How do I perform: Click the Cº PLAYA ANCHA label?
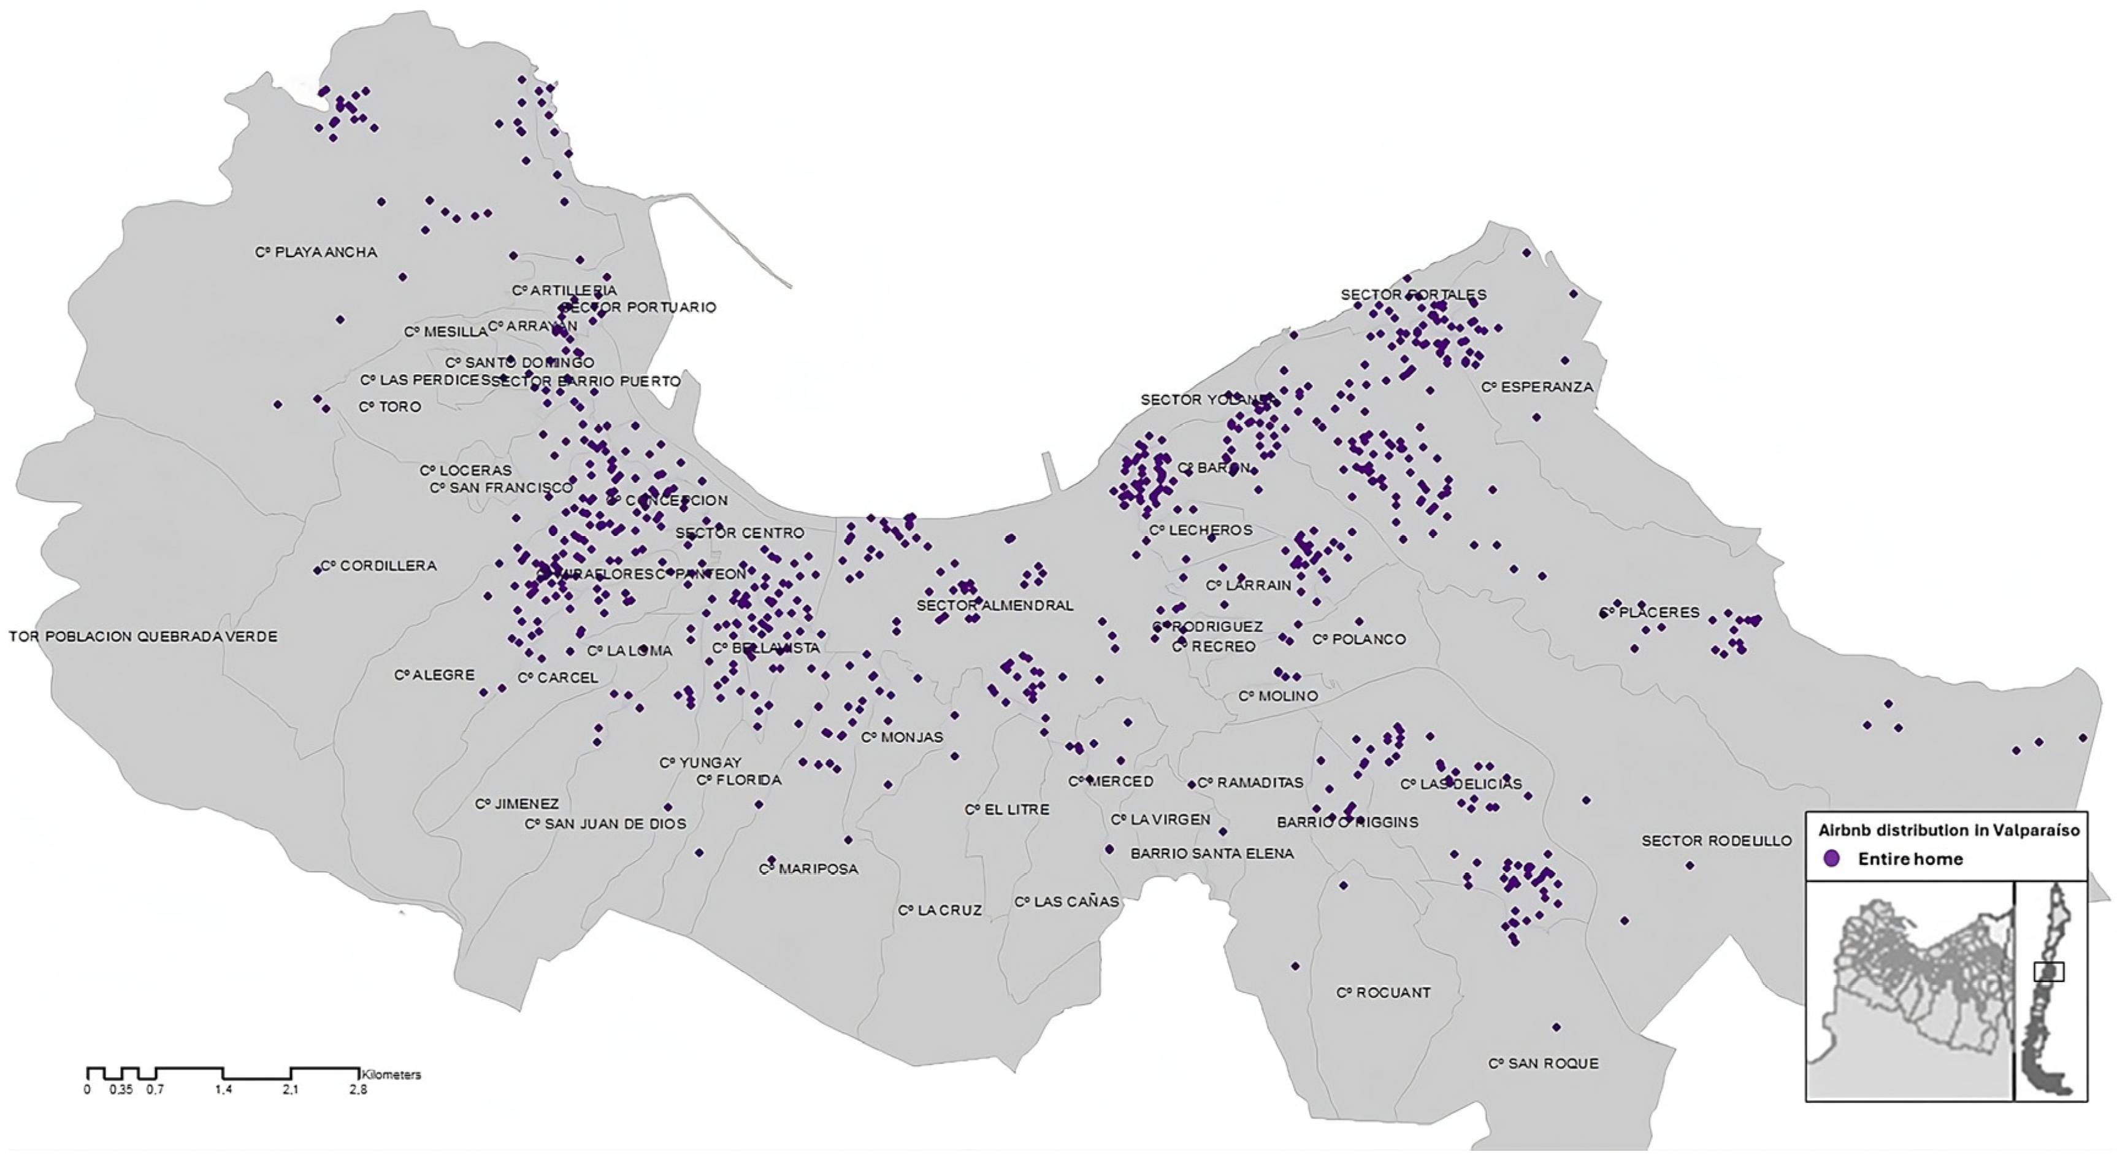[x=316, y=252]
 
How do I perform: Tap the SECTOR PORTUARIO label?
[x=640, y=307]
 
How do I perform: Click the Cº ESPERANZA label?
[x=1537, y=387]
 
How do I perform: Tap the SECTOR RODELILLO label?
[x=1717, y=841]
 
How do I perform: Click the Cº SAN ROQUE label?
[x=1544, y=1064]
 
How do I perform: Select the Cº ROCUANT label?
[x=1383, y=993]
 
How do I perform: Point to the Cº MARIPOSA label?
[x=809, y=869]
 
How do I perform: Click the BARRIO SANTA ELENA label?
[x=1212, y=854]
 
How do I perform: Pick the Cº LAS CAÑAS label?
[x=1066, y=902]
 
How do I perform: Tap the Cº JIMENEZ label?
[x=517, y=804]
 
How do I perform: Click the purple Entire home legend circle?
[x=1831, y=859]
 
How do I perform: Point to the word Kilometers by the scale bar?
[x=391, y=1075]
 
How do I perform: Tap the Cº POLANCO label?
[x=1358, y=640]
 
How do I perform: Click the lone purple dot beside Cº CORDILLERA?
[x=317, y=570]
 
